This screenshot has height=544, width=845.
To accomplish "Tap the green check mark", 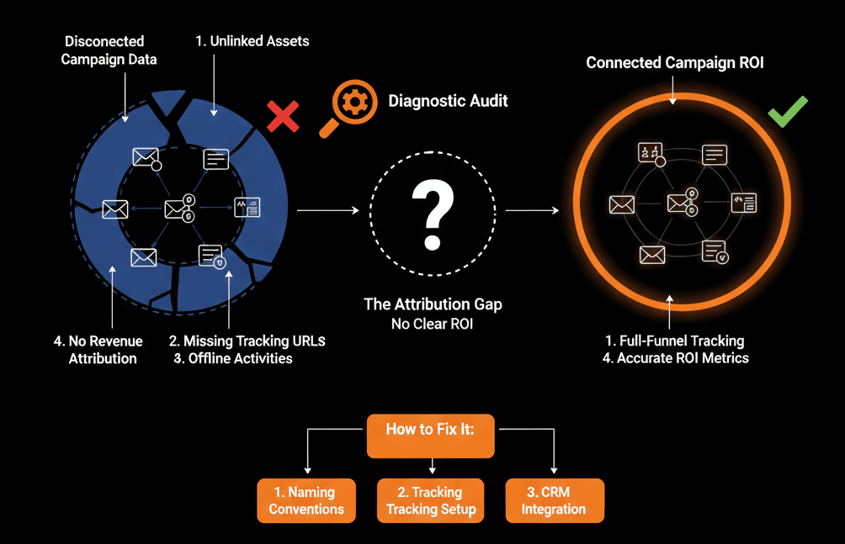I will coord(787,111).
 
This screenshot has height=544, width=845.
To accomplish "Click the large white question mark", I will coord(432,215).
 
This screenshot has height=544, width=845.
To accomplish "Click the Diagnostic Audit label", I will coord(448,102).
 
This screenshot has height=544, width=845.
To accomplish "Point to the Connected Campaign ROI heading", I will coord(674,63).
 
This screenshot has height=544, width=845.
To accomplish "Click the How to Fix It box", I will coord(431,434).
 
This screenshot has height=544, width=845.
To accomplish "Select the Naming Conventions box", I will coord(306,500).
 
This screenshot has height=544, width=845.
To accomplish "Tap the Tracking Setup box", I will coord(431,500).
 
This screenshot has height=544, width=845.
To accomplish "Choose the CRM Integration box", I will coord(554,500).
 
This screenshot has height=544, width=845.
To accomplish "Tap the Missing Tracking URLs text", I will coord(247,341).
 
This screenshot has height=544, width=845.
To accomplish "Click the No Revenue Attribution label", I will coord(98,350).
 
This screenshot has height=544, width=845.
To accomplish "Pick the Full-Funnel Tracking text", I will coord(675,341).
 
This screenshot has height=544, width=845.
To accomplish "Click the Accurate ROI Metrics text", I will coord(675,358).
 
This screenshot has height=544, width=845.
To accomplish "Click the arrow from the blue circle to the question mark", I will coord(328,210).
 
